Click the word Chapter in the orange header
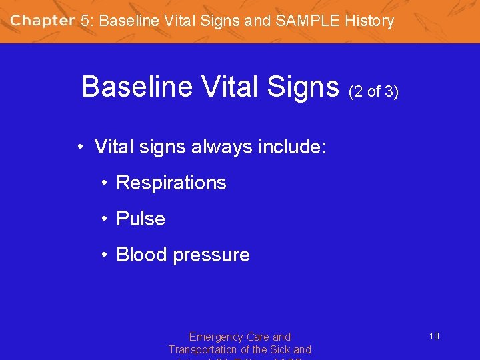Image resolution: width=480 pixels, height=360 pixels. pyautogui.click(x=43, y=21)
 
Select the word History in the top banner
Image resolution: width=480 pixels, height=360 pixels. pyautogui.click(x=369, y=21)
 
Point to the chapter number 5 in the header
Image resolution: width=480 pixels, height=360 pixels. pyautogui.click(x=85, y=21)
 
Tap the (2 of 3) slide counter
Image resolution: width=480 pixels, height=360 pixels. pyautogui.click(x=373, y=91)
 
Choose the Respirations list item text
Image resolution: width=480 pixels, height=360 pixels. pyautogui.click(x=171, y=183)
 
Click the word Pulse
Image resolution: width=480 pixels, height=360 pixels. pyautogui.click(x=141, y=219)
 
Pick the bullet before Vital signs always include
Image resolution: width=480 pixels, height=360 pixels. pyautogui.click(x=79, y=147)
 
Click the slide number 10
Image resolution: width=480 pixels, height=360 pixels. pyautogui.click(x=434, y=337)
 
